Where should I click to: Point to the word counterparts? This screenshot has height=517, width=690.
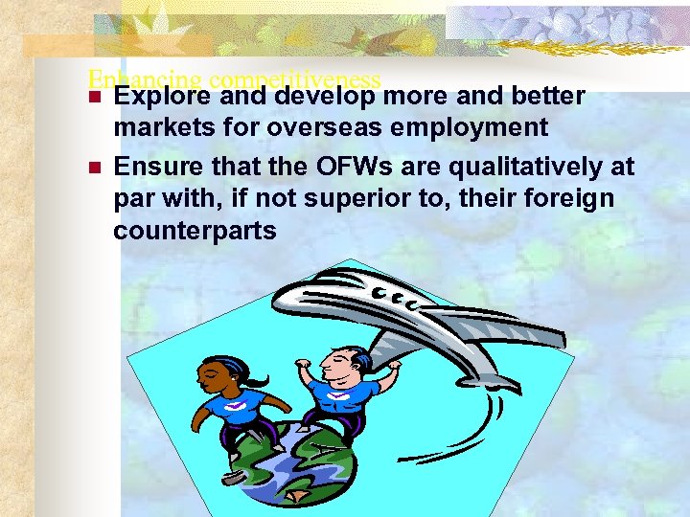195,231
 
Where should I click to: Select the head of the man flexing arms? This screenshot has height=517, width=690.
341,364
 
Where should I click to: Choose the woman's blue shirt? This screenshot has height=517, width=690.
236,406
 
